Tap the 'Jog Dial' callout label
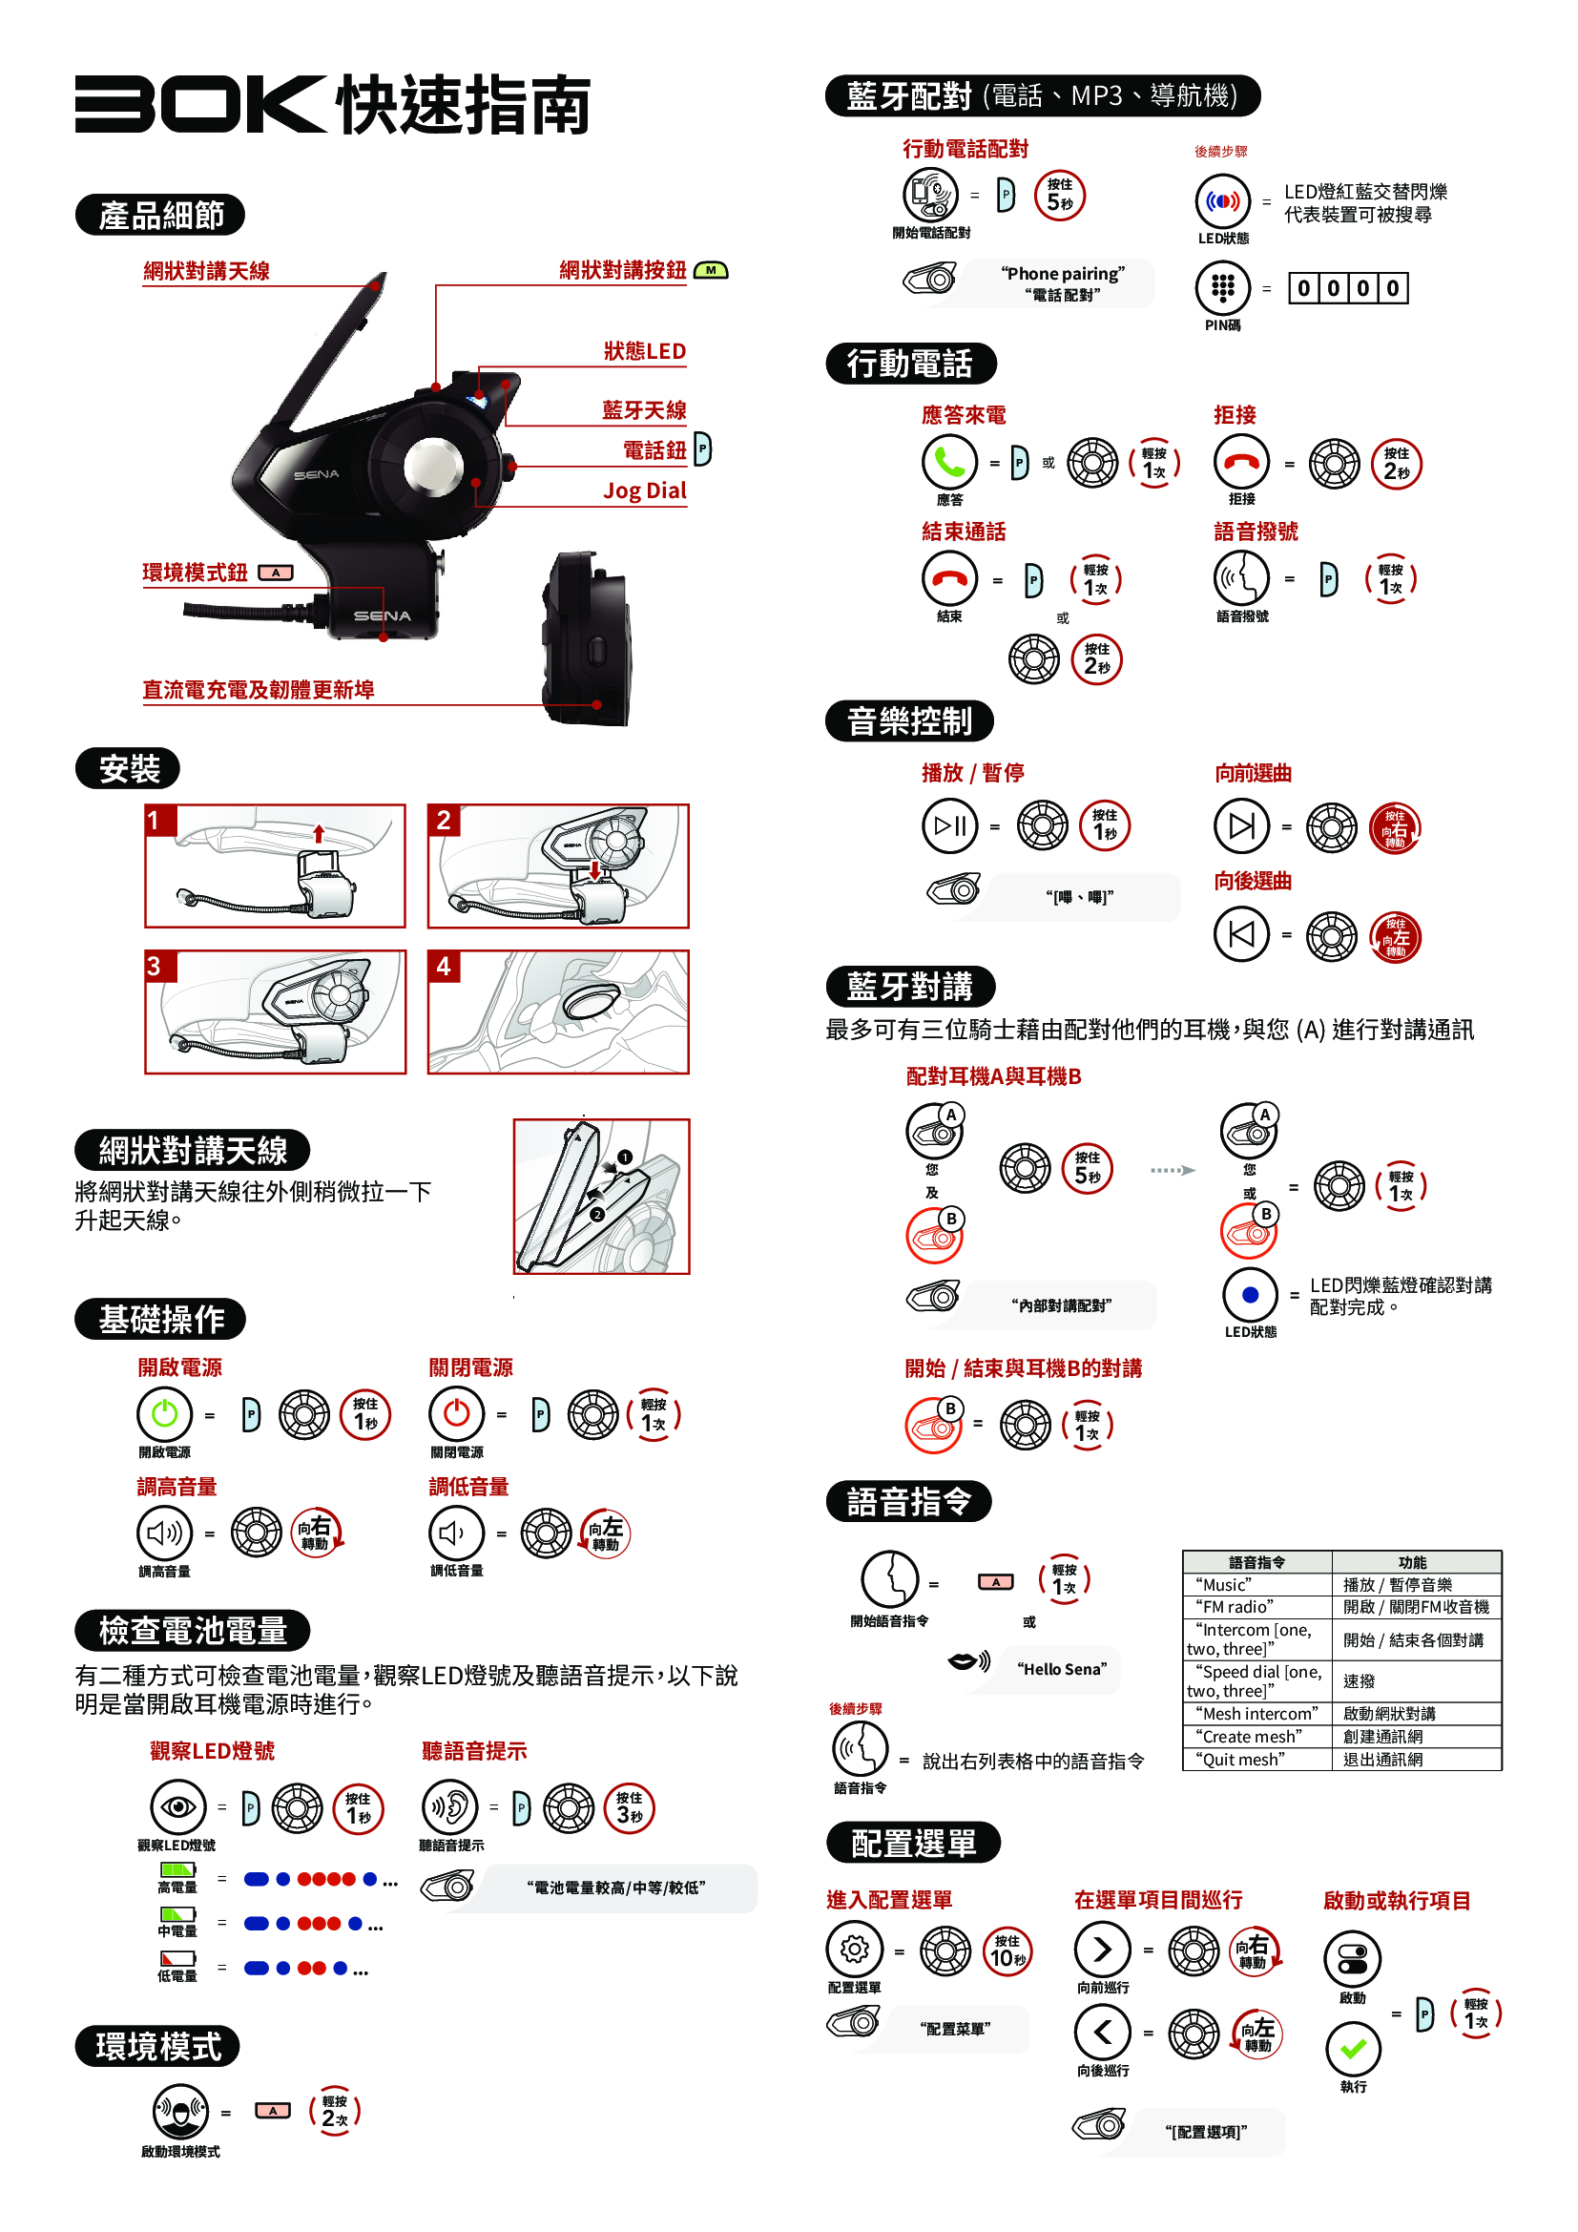pos(644,490)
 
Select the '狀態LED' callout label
pos(644,351)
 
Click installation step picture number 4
pos(558,1012)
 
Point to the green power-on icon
pos(164,1413)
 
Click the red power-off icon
pos(457,1413)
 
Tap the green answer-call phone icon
pos(949,462)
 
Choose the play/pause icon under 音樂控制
pos(949,825)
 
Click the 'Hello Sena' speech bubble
pos(1061,1669)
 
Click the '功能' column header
pos(1413,1562)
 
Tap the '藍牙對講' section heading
pos(910,987)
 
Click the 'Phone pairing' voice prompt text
pos(1063,274)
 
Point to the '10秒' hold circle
pos(1007,1951)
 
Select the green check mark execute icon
pos(1353,2048)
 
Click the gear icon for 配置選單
pos(854,1950)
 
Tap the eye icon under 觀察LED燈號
pos(177,1807)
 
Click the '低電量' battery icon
pos(177,1960)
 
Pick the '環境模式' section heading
pos(157,2046)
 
